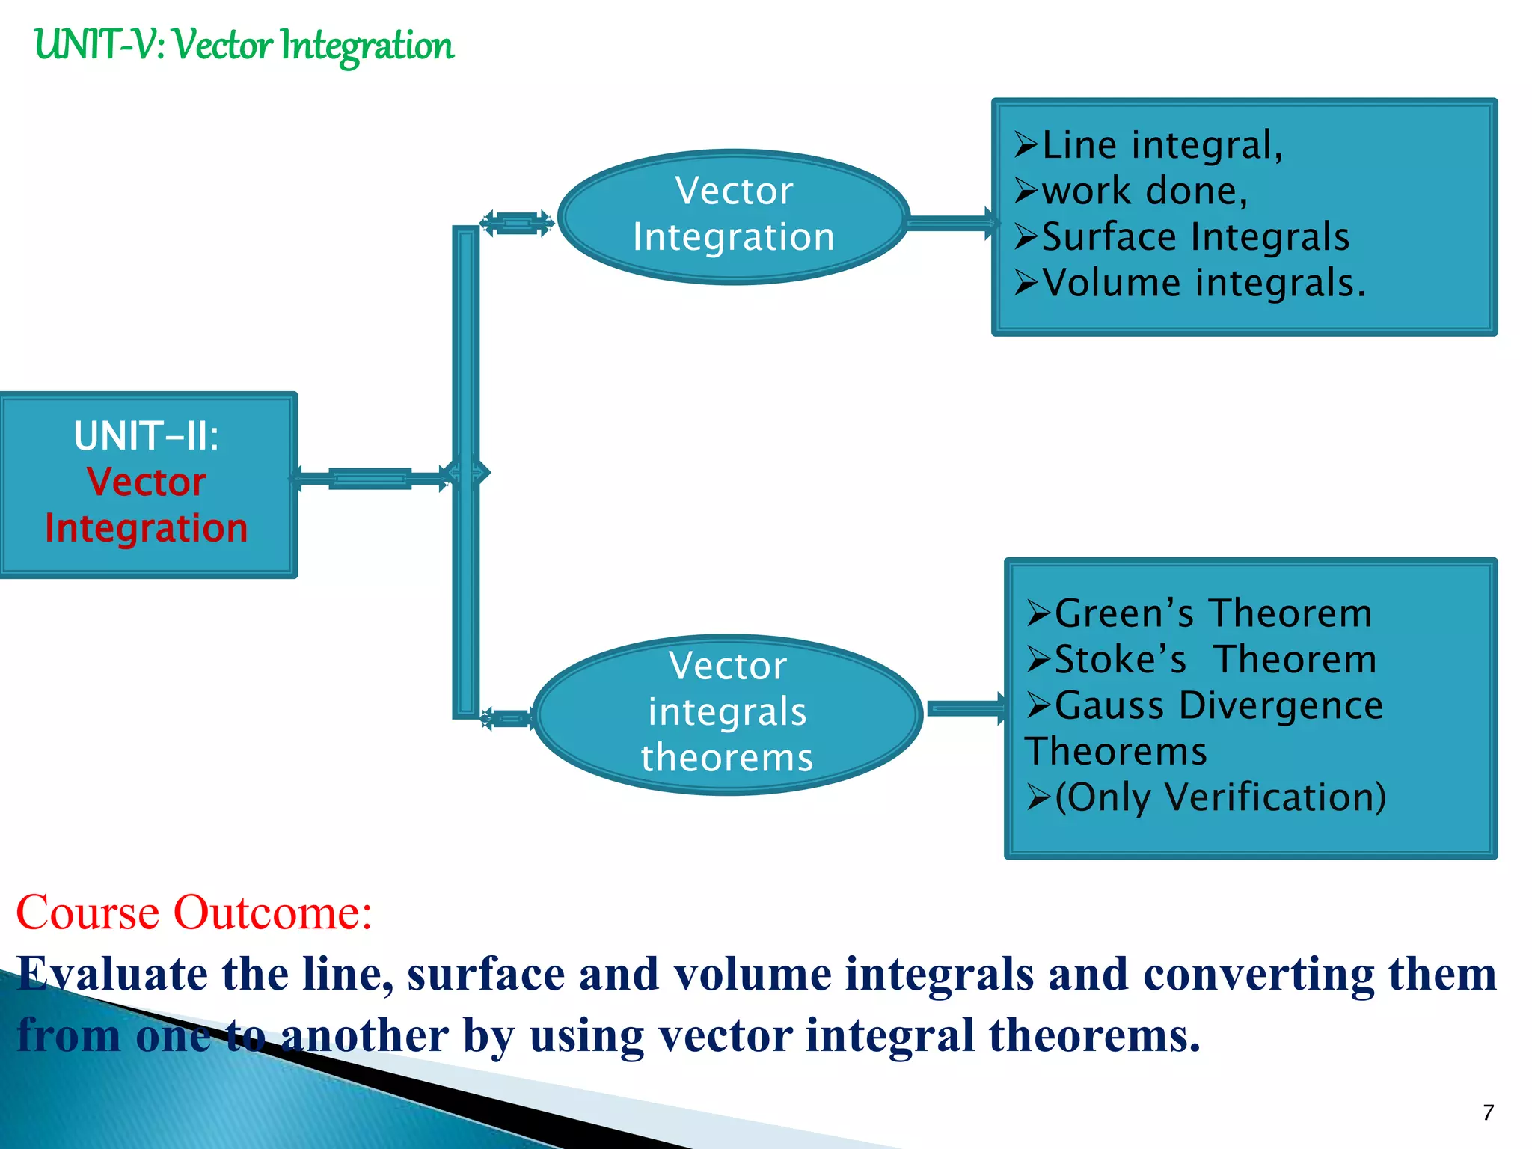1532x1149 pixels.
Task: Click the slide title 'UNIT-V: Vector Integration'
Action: coord(243,45)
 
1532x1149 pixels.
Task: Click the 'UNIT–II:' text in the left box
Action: coord(147,436)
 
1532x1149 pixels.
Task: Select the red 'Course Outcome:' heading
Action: coord(194,913)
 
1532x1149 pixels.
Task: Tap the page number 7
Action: coord(1488,1112)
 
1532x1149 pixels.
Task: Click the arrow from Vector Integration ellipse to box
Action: coord(950,222)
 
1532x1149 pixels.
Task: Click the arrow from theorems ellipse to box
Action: coord(965,708)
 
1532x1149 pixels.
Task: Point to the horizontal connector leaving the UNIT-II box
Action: coord(370,477)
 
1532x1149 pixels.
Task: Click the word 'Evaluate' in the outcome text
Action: coord(112,975)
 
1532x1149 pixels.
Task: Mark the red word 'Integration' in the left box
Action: coord(147,529)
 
